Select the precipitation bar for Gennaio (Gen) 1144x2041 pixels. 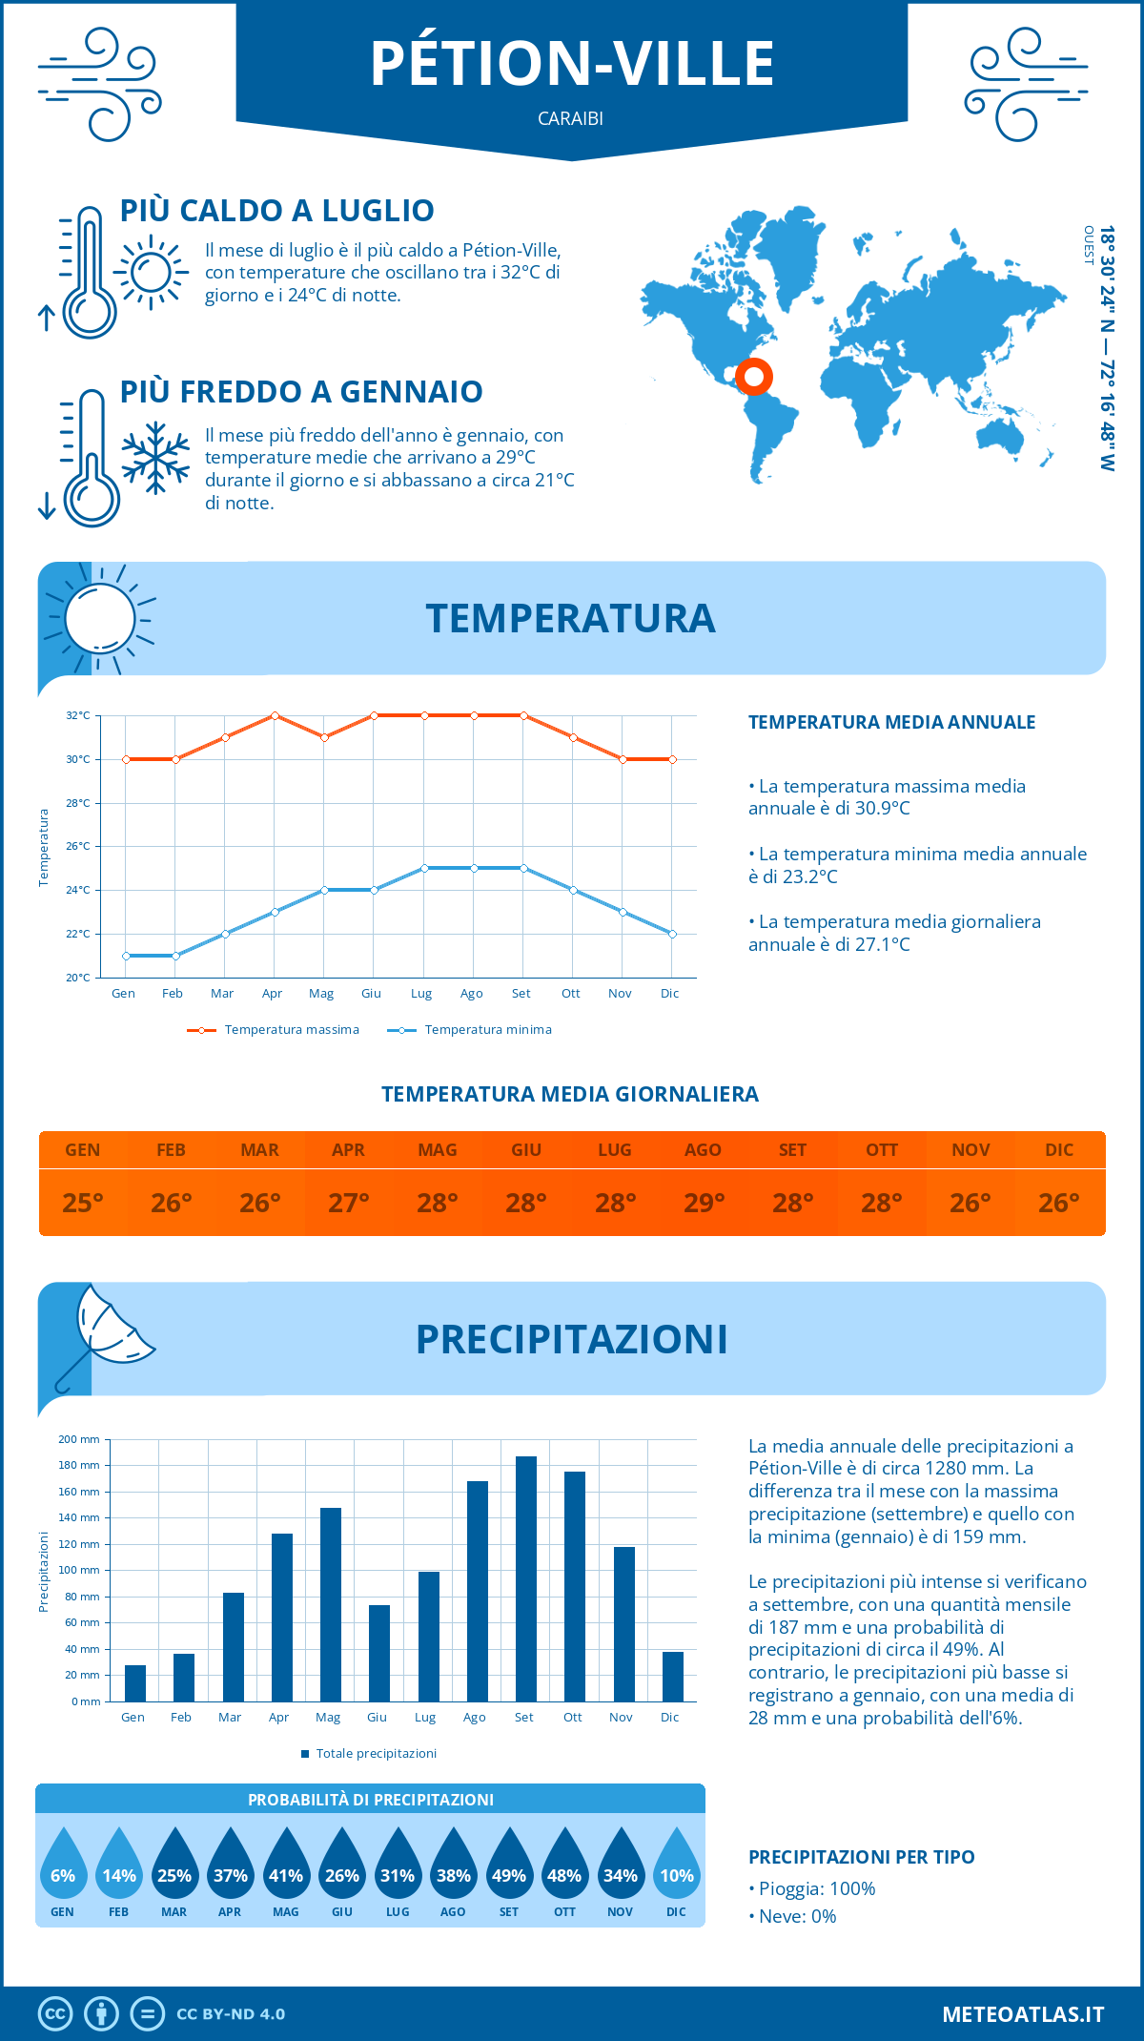(x=135, y=1683)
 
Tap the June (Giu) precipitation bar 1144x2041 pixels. (x=379, y=1653)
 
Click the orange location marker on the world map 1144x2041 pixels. (x=753, y=377)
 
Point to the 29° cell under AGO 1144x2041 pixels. (x=704, y=1203)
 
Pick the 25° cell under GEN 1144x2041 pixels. (x=83, y=1203)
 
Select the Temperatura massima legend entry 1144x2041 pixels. (x=274, y=1030)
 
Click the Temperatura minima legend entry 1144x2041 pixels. (x=470, y=1030)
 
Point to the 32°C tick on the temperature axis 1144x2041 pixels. (x=78, y=715)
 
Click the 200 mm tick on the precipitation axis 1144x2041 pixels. (x=79, y=1439)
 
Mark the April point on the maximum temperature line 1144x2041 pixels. (x=275, y=715)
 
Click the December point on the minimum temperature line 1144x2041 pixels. (x=672, y=934)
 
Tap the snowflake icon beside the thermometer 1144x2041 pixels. (x=155, y=458)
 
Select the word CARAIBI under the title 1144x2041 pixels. (x=570, y=119)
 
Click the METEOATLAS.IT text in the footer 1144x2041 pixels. (x=1023, y=2014)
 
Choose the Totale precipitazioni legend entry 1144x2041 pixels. (x=369, y=1754)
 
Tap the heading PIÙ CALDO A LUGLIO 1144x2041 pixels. (x=276, y=211)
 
